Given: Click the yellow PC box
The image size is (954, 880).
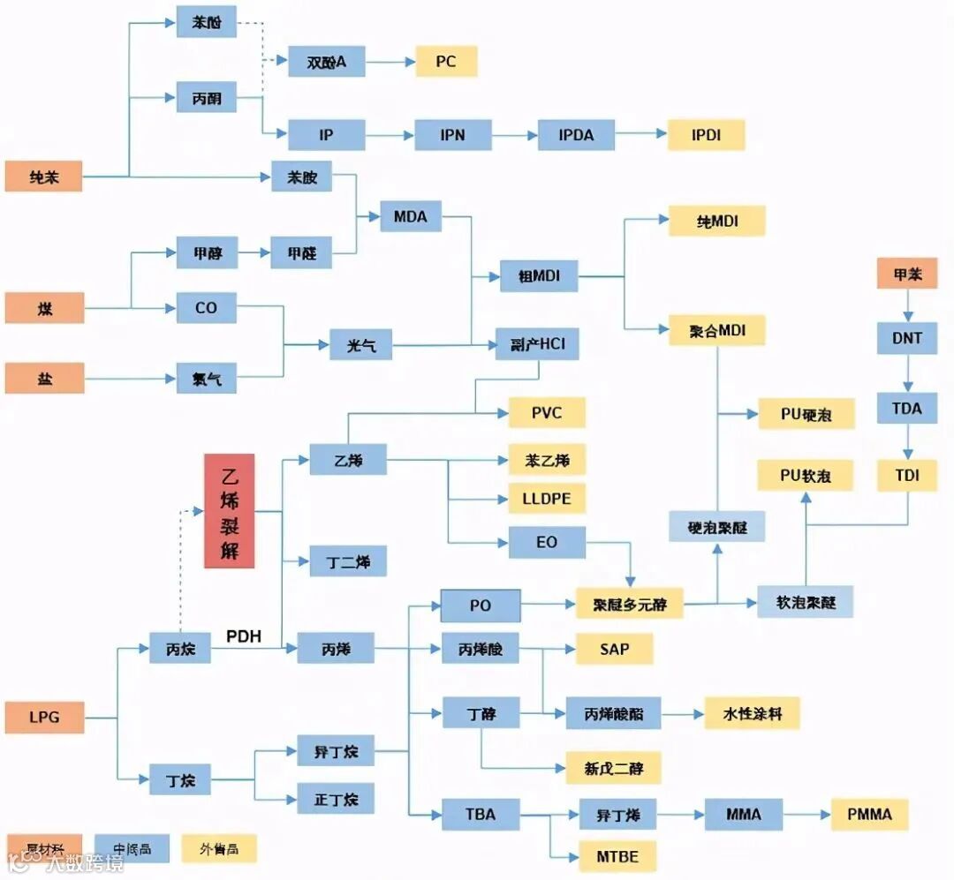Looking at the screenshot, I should (x=445, y=62).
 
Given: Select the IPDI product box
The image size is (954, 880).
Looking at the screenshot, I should (x=706, y=135).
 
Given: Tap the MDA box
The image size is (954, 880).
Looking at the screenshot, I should (x=410, y=217).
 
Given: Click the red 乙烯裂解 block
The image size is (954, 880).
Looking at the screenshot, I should (x=229, y=510).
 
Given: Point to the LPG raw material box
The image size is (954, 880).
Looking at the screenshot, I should (x=44, y=717).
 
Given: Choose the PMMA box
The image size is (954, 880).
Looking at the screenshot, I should (x=868, y=814).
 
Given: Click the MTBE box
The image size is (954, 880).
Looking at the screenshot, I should (x=617, y=855).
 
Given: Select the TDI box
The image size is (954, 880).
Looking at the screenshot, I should (x=906, y=476).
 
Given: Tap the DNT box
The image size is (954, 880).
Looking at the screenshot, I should (x=906, y=338).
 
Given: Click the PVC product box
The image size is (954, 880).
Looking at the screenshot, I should (x=546, y=412).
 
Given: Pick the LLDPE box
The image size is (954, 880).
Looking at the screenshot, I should (x=546, y=498).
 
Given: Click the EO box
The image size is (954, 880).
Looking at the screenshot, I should (x=546, y=542).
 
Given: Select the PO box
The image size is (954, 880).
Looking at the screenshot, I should (x=481, y=606).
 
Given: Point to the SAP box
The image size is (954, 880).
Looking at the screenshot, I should (x=614, y=649).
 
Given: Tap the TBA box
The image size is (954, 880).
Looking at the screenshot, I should (x=481, y=814).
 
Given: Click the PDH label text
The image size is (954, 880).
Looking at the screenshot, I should (x=244, y=636).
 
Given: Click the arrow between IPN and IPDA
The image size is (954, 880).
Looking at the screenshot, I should (x=514, y=135).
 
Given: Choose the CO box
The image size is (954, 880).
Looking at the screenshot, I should (x=206, y=308).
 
